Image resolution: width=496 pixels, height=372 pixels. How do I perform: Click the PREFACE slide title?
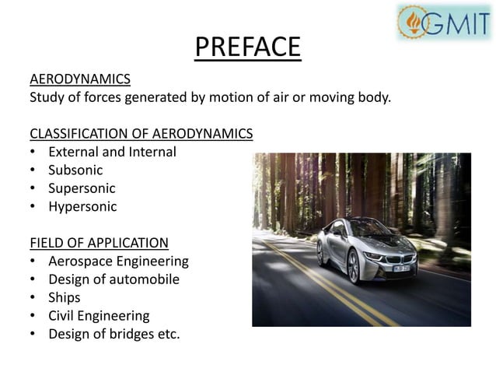coord(247,47)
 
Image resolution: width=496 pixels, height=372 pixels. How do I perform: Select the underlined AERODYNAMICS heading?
coord(80,80)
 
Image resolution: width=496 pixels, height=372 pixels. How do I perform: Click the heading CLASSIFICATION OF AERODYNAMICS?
coord(141,133)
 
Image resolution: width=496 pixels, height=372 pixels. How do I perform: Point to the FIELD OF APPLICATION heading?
coord(99,242)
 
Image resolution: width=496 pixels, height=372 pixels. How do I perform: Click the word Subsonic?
coord(75,170)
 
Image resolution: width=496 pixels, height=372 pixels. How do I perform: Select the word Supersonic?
coord(82,188)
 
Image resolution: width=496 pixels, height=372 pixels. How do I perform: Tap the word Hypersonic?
coord(82,207)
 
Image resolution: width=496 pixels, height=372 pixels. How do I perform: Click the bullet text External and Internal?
coord(112,152)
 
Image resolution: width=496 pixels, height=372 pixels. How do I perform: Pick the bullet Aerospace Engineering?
coord(118,261)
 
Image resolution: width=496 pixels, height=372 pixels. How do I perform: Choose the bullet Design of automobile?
coord(114,279)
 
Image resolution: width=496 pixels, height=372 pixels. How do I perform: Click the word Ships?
coord(65,297)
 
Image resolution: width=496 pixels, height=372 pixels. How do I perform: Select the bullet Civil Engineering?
coord(99,316)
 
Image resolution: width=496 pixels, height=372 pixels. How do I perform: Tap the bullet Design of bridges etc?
coord(114,335)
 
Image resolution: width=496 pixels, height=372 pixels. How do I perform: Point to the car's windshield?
coord(365,230)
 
